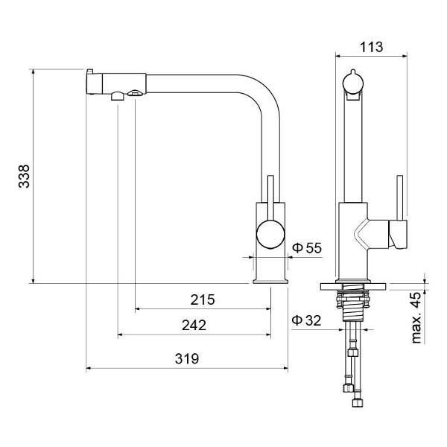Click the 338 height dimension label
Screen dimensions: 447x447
tap(24, 176)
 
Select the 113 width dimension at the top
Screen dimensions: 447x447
tap(371, 47)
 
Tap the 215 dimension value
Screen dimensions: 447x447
tap(203, 299)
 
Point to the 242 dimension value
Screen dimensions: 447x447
tap(194, 325)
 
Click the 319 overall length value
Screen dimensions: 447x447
tap(187, 358)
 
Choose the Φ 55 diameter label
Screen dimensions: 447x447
tap(307, 248)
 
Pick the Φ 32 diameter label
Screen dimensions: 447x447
tap(306, 320)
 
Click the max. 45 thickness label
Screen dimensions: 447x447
tap(416, 317)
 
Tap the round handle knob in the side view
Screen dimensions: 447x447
tap(270, 234)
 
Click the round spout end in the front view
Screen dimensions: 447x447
tap(353, 83)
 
